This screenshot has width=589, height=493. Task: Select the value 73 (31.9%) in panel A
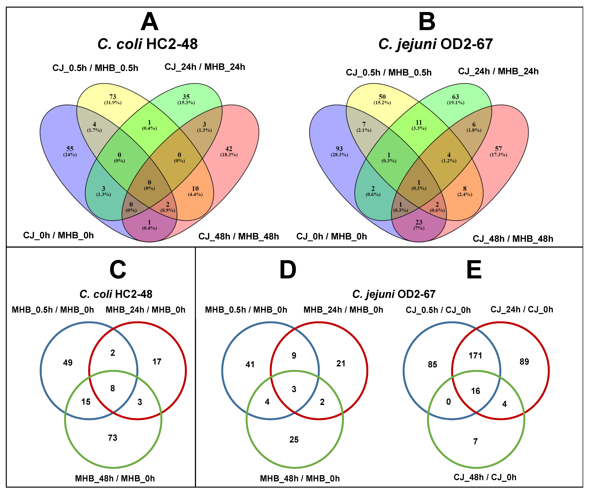pyautogui.click(x=113, y=99)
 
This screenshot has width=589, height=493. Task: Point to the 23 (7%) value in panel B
pyautogui.click(x=419, y=224)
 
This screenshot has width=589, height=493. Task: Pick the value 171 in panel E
pyautogui.click(x=475, y=356)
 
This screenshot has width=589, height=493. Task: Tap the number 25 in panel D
pyautogui.click(x=294, y=439)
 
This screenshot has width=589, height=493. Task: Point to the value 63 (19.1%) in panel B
pyautogui.click(x=455, y=99)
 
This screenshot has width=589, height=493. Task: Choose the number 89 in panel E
pyautogui.click(x=524, y=362)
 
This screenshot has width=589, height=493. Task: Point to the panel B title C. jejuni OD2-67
pyautogui.click(x=436, y=44)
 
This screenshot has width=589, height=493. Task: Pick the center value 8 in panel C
pyautogui.click(x=112, y=388)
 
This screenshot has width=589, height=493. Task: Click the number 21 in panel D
pyautogui.click(x=341, y=363)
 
